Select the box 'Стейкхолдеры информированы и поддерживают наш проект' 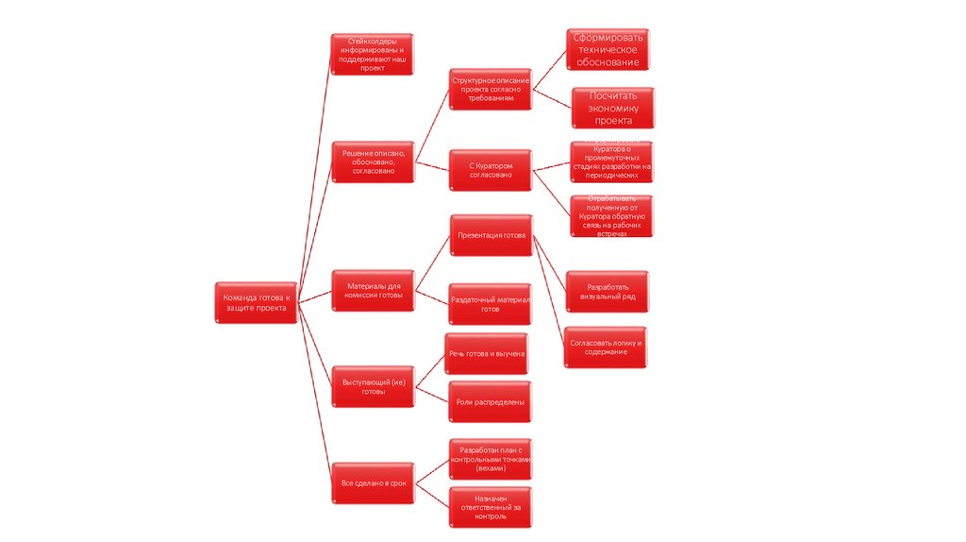(372, 56)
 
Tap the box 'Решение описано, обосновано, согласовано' (372, 161)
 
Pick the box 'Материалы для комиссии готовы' (374, 290)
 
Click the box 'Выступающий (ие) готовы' (374, 387)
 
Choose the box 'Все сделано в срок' (374, 483)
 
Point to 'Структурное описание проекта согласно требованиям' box (490, 89)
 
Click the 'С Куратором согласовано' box (490, 170)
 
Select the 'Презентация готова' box (491, 235)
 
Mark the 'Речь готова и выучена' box (487, 353)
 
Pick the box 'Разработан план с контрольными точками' (490, 460)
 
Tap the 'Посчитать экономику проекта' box (612, 108)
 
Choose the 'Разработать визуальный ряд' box (607, 291)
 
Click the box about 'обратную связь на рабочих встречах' (611, 216)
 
